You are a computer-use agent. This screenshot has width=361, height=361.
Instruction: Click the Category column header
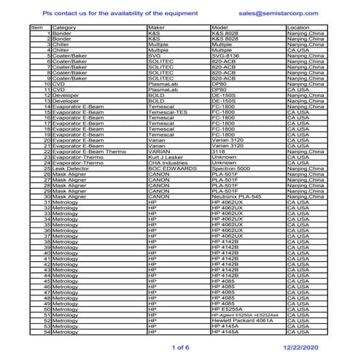coord(64,28)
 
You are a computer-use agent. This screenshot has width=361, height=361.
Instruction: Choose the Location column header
coord(300,28)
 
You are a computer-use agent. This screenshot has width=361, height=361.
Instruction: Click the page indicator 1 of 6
coord(179,348)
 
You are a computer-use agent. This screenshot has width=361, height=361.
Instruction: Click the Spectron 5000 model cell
coord(230,168)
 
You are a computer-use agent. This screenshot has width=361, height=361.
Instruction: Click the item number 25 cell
coord(47,168)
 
